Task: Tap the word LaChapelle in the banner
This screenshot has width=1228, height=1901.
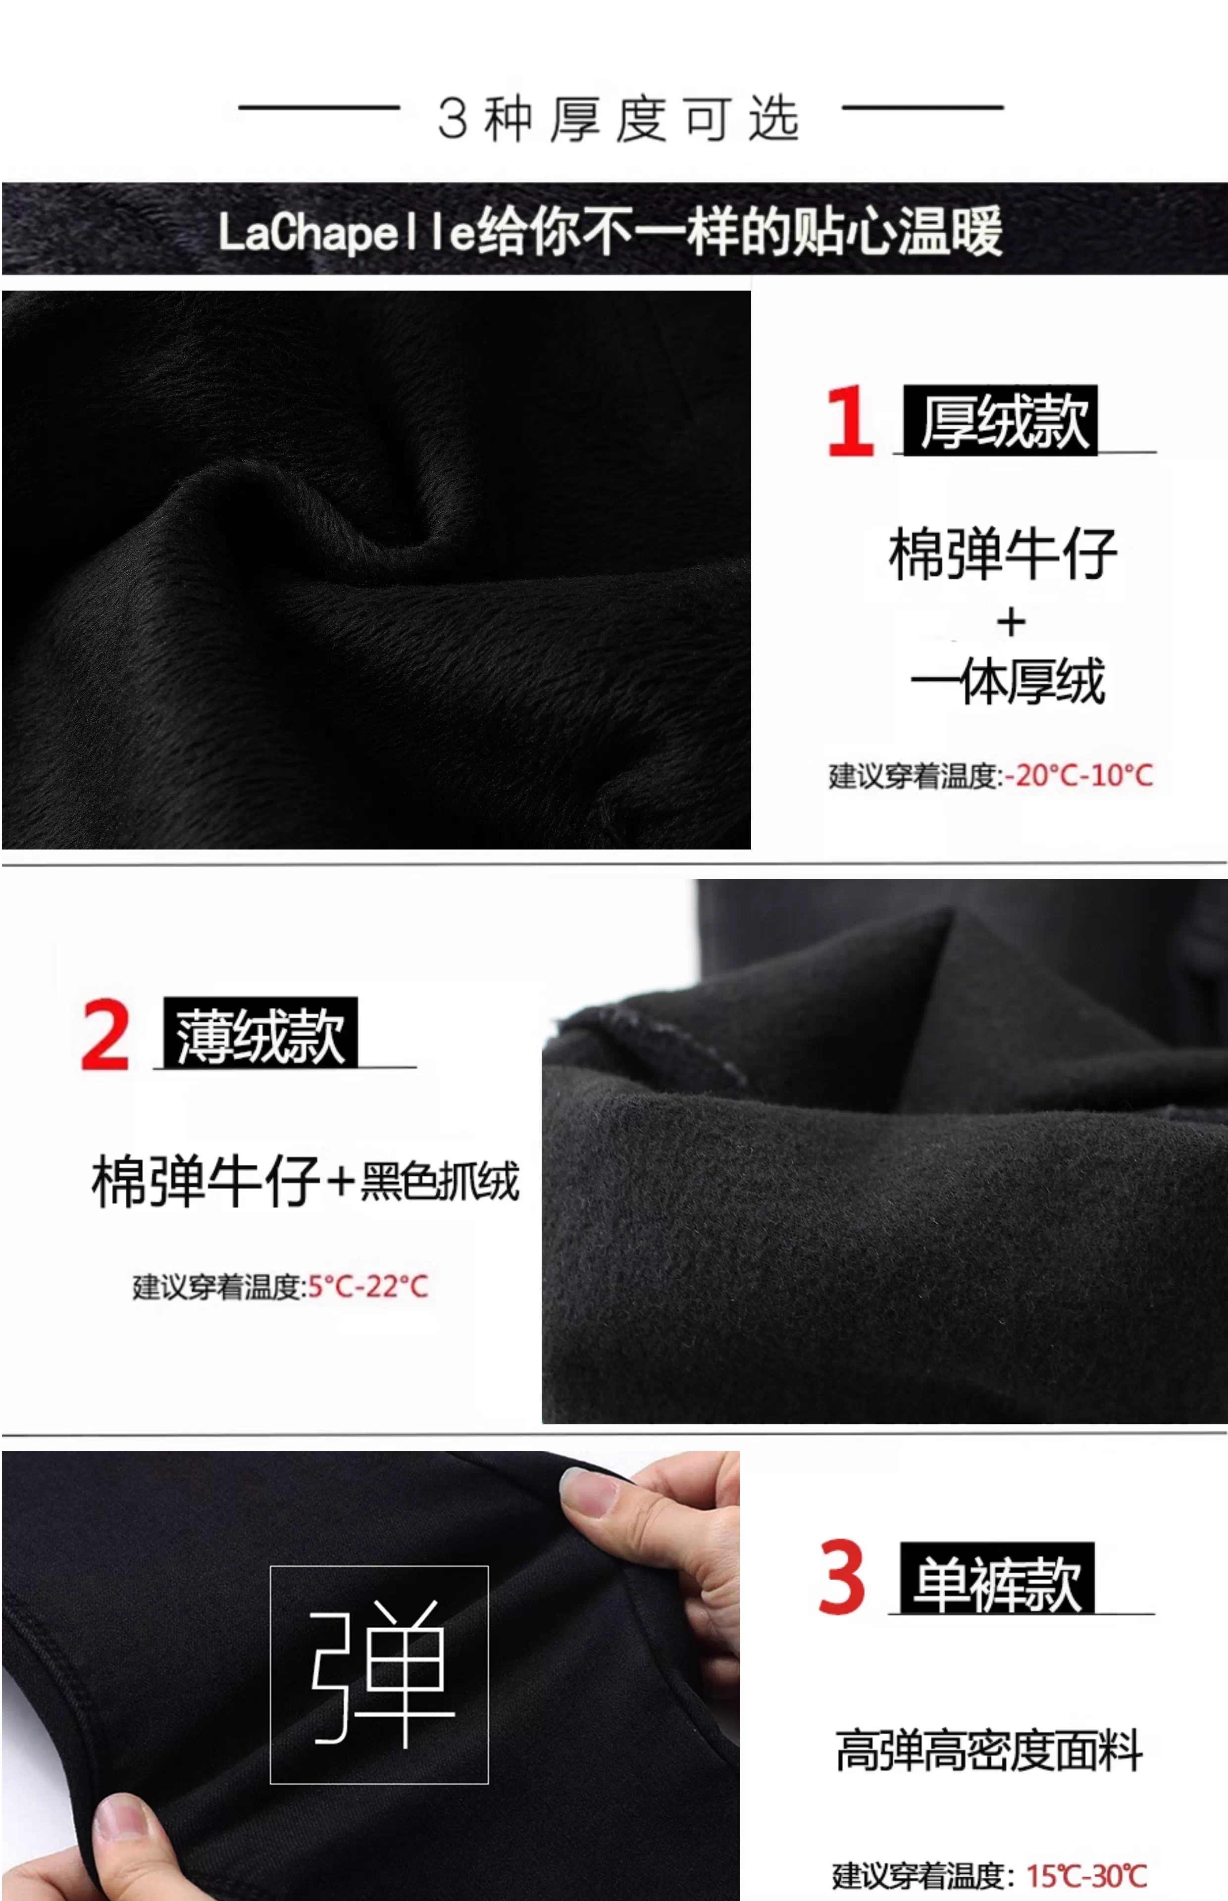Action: point(347,233)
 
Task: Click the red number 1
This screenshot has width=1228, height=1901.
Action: point(851,421)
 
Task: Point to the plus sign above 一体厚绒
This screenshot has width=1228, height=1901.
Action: point(1011,622)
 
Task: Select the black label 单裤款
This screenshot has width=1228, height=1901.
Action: point(997,1578)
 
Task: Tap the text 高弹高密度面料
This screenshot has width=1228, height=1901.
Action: point(989,1751)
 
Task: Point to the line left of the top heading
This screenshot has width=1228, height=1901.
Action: point(319,107)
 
